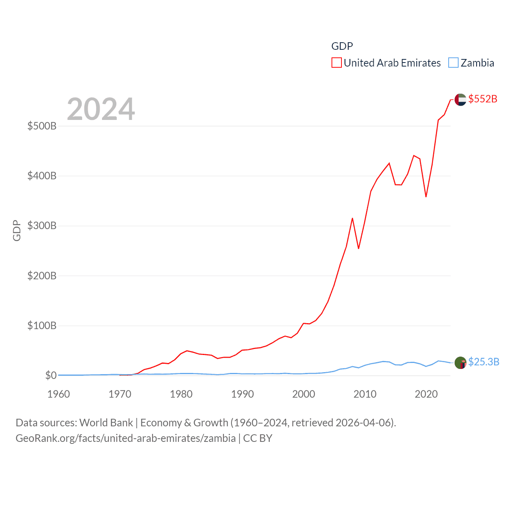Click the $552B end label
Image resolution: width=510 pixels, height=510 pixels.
point(483,99)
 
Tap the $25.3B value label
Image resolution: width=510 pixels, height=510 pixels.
point(483,362)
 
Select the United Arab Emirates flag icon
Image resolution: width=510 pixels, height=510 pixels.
point(460,100)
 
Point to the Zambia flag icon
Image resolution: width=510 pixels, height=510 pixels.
point(460,363)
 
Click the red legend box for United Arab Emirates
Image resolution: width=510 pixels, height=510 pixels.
point(337,63)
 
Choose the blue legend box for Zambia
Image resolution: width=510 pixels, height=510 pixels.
point(453,63)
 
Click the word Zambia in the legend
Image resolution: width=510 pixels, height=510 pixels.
point(477,63)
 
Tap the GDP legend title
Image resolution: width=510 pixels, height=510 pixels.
point(342,46)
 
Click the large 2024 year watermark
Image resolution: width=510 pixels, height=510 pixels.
point(101,109)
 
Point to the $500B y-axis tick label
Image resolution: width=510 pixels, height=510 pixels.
point(42,126)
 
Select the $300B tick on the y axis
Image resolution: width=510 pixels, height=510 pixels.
point(42,226)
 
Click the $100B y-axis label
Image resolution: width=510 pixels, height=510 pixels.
point(42,326)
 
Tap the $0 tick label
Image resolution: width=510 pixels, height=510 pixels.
point(51,375)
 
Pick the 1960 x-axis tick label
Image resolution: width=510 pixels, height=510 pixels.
point(59,394)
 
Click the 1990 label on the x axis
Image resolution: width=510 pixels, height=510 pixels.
point(242,394)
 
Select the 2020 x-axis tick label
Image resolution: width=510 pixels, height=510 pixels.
point(426,394)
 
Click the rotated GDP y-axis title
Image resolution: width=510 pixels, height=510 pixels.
point(17,230)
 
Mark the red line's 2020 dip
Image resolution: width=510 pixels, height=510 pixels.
point(426,196)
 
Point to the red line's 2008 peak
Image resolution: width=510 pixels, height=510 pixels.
point(352,218)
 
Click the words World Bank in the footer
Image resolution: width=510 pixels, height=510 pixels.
point(106,423)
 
